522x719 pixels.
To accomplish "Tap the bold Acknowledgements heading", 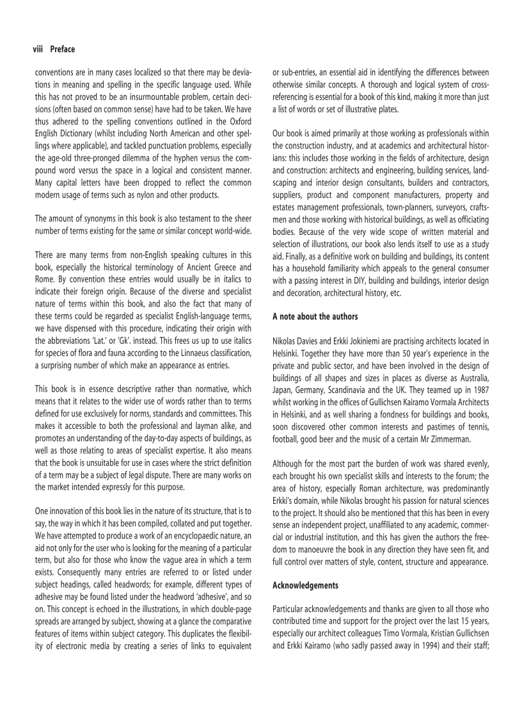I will [x=306, y=585].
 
